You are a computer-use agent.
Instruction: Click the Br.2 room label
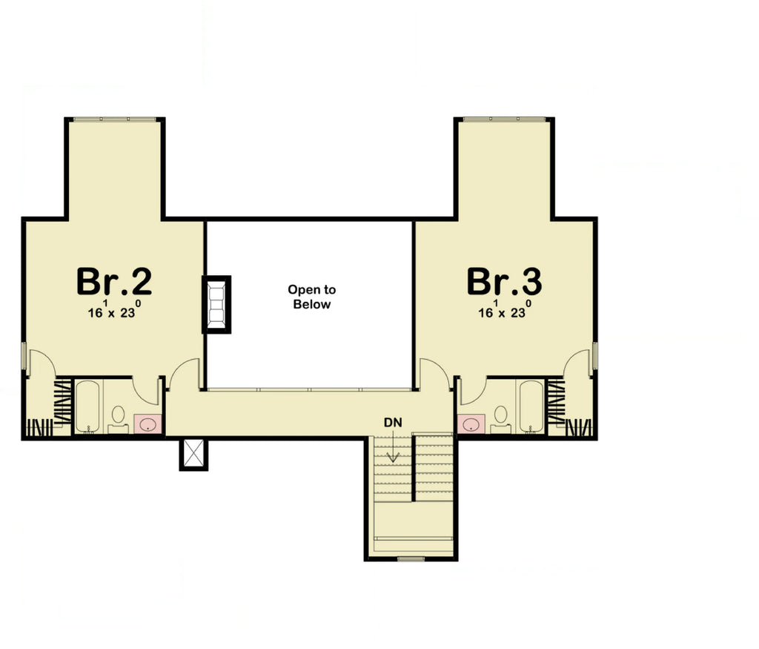114,282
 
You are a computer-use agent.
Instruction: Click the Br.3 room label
504,282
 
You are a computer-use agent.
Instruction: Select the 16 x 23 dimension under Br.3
504,312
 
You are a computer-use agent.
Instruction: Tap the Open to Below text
312,297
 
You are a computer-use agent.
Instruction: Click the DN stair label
392,422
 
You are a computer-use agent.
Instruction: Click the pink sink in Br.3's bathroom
471,424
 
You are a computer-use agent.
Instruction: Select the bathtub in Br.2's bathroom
87,406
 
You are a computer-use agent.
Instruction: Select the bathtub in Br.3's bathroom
531,406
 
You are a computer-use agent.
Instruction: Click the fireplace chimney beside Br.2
216,304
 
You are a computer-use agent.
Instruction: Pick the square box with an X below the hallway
193,454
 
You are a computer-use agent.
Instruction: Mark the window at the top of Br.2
114,119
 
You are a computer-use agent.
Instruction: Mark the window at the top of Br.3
504,119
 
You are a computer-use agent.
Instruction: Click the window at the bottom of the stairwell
411,558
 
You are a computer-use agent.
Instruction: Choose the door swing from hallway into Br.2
185,374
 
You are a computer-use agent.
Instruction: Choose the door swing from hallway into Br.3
434,374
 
